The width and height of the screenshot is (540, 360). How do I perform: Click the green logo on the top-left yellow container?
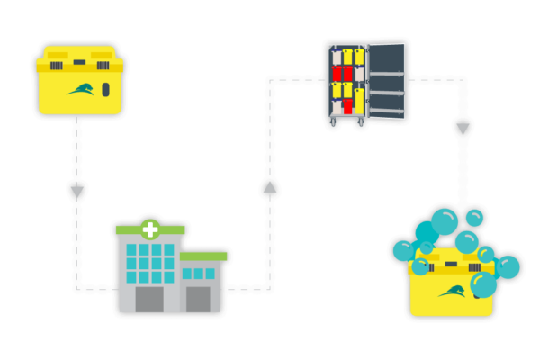coord(80,89)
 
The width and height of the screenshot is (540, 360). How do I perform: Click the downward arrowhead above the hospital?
coord(76,193)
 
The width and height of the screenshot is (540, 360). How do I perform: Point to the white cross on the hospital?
coord(149,229)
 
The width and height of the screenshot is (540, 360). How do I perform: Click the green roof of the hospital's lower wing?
coord(203,256)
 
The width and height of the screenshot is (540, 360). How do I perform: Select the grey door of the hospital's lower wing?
coord(198,299)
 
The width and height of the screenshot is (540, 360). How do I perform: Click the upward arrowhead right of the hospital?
coord(269,187)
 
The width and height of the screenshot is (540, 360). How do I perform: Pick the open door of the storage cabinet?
coord(386,81)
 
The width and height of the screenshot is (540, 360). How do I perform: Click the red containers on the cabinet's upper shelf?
coord(343,73)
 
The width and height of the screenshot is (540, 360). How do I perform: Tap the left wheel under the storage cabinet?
coord(333,122)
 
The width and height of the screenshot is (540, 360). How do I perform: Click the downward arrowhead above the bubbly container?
coord(463,130)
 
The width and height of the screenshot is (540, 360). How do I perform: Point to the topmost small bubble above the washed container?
coord(474,218)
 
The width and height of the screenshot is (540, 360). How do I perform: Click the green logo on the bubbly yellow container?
coord(453,290)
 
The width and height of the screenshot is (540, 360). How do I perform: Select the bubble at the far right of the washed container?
coord(508,267)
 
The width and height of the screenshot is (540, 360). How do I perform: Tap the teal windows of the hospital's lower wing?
coord(199,274)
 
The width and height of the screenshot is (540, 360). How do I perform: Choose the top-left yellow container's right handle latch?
coord(102,56)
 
